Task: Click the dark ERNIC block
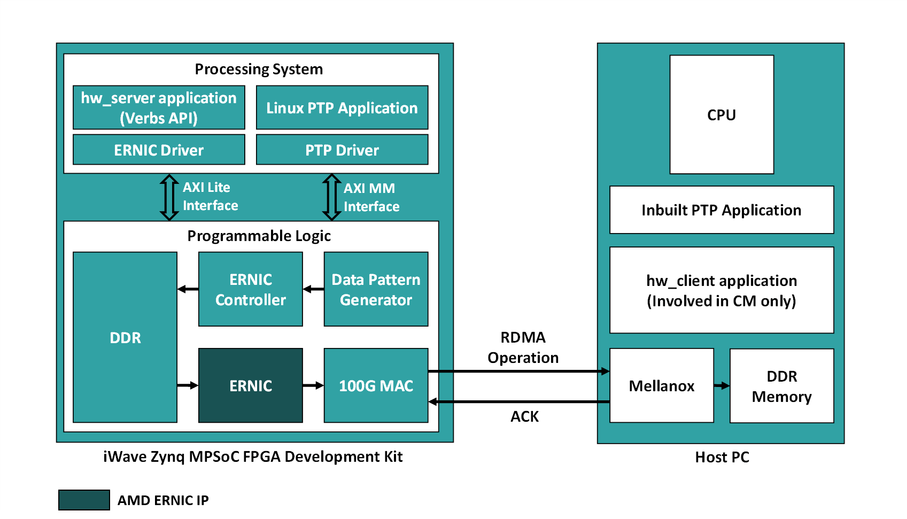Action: click(x=250, y=385)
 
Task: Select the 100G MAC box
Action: click(x=376, y=385)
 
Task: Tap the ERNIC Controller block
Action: click(x=250, y=289)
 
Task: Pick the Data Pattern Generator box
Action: click(x=376, y=289)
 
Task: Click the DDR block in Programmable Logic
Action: click(x=125, y=337)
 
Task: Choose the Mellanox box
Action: click(x=661, y=385)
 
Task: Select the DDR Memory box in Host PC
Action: click(x=781, y=385)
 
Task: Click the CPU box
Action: click(x=722, y=114)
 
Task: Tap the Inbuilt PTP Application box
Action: click(x=722, y=210)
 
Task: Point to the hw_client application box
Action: click(x=722, y=290)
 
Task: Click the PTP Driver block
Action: click(x=342, y=150)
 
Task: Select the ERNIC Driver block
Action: click(x=159, y=150)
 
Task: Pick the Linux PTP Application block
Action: click(x=342, y=107)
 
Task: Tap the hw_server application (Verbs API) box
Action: click(x=159, y=107)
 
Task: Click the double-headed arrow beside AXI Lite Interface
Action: click(x=169, y=197)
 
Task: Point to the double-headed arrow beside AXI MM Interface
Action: click(x=331, y=197)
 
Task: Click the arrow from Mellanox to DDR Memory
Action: click(x=722, y=385)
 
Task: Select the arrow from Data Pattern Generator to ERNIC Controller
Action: click(x=313, y=289)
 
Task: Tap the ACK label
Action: click(x=524, y=416)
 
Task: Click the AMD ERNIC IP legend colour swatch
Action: click(x=84, y=500)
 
